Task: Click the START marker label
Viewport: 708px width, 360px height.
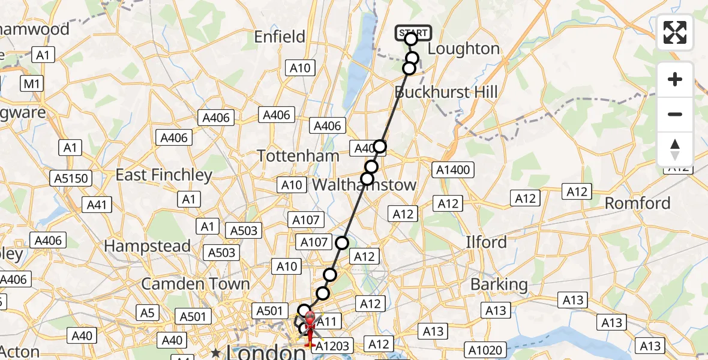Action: click(413, 32)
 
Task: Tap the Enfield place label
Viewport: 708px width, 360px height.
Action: click(280, 37)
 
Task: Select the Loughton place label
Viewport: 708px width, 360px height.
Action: click(464, 49)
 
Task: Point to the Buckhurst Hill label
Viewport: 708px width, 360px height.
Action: click(446, 92)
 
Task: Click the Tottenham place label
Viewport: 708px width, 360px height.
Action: click(298, 156)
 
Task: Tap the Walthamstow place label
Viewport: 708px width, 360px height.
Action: click(364, 185)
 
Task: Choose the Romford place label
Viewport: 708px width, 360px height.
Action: click(637, 203)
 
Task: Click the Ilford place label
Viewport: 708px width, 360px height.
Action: click(487, 242)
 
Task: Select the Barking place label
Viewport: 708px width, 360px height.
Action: click(499, 284)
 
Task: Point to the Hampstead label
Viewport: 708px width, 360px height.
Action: click(148, 246)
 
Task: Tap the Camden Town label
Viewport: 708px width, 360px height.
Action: click(196, 283)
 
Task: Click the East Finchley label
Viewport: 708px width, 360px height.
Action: click(164, 175)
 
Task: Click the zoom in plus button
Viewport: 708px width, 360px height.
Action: click(675, 79)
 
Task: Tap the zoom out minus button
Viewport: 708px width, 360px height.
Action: click(675, 114)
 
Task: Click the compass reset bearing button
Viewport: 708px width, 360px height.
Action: click(675, 149)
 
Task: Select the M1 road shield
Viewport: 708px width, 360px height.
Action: click(30, 83)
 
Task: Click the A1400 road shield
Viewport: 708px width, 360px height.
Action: click(453, 170)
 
